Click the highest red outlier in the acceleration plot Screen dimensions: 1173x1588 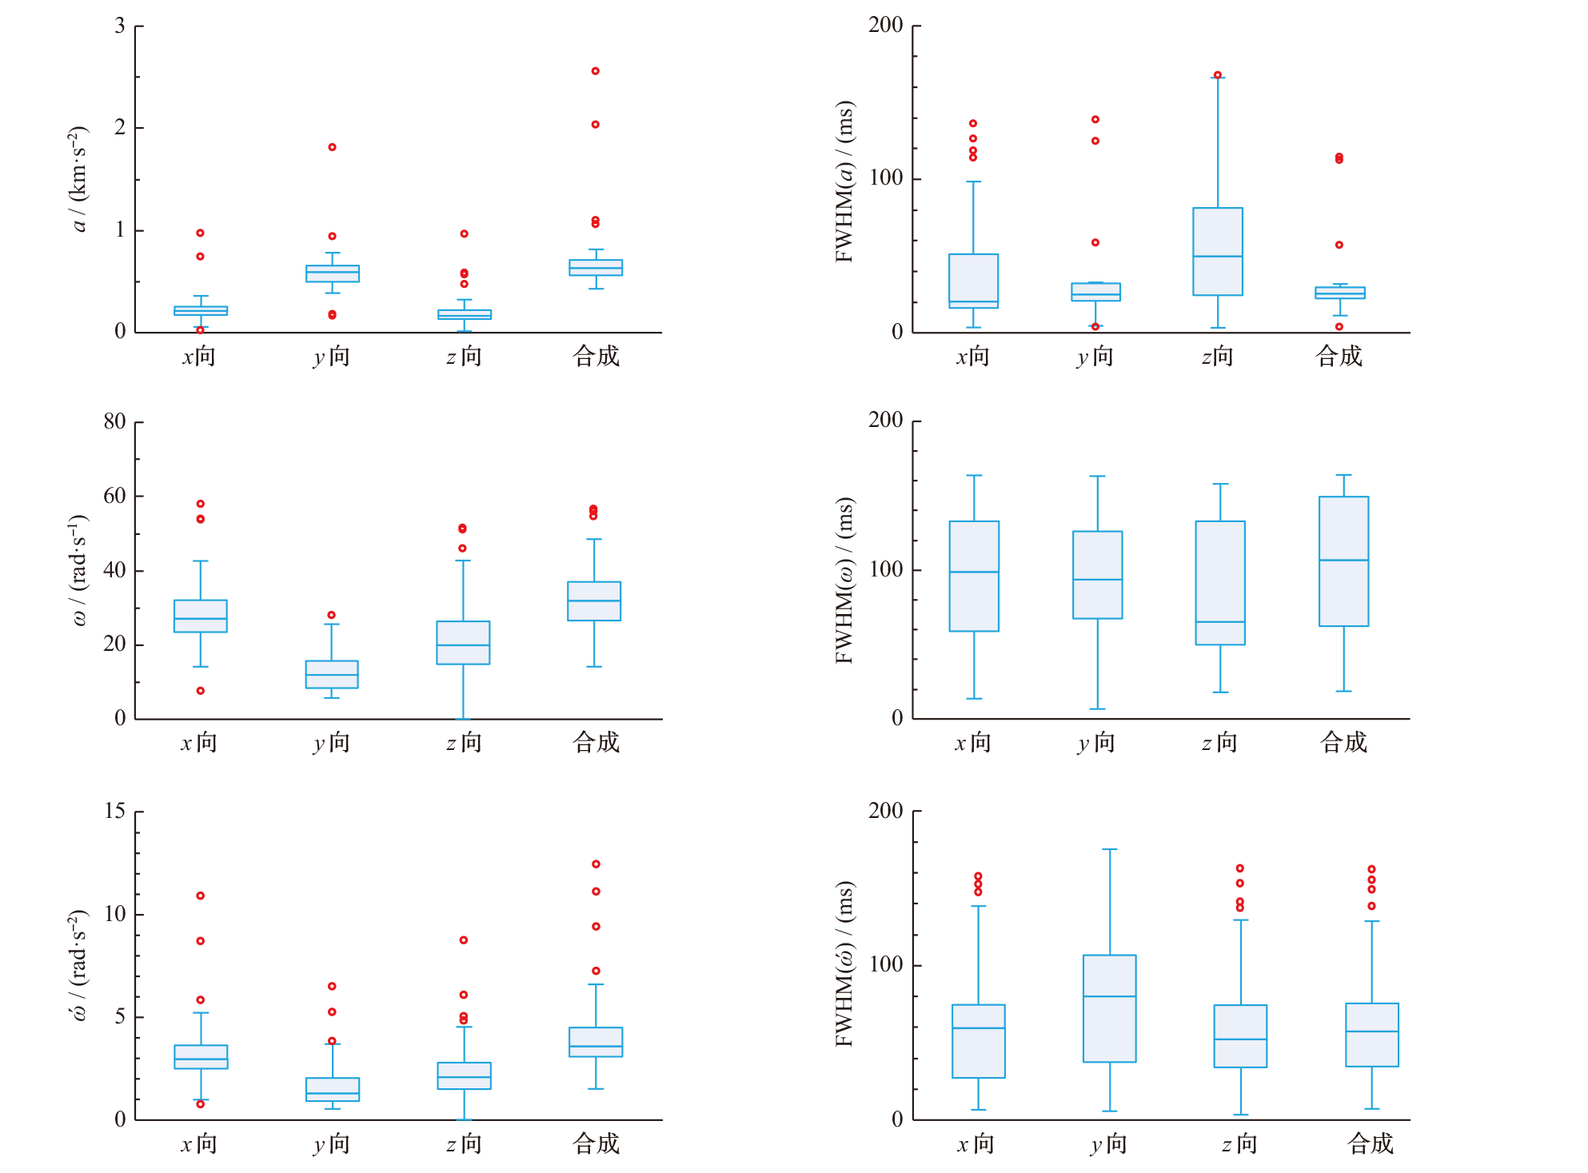tap(596, 71)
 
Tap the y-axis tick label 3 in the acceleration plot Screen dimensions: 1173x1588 tap(120, 26)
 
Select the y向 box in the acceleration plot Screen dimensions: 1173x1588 tap(333, 273)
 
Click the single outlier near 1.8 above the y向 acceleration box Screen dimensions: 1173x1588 tap(333, 147)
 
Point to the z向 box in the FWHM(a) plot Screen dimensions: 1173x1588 tap(1218, 252)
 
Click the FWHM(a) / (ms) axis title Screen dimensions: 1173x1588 tap(844, 181)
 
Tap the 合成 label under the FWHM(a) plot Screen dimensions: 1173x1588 tap(1339, 356)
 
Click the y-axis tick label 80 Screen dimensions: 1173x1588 tap(115, 421)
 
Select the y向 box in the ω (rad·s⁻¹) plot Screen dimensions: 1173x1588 tap(332, 674)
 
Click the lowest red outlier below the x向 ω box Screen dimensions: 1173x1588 tap(201, 691)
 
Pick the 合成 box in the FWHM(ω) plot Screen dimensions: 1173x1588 tap(1344, 561)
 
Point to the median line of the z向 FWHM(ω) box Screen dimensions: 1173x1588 tap(1220, 622)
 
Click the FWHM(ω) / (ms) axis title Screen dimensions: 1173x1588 tap(844, 581)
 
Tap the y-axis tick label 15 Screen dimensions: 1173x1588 tap(115, 812)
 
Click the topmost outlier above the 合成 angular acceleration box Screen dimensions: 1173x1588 tap(596, 864)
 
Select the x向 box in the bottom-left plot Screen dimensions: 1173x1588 tap(201, 1057)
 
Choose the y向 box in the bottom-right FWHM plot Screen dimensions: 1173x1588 tap(1110, 1008)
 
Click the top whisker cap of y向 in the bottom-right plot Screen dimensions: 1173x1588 tap(1110, 849)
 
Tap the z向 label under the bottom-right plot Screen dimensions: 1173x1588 tap(1239, 1144)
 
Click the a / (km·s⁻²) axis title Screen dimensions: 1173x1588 tap(78, 179)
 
